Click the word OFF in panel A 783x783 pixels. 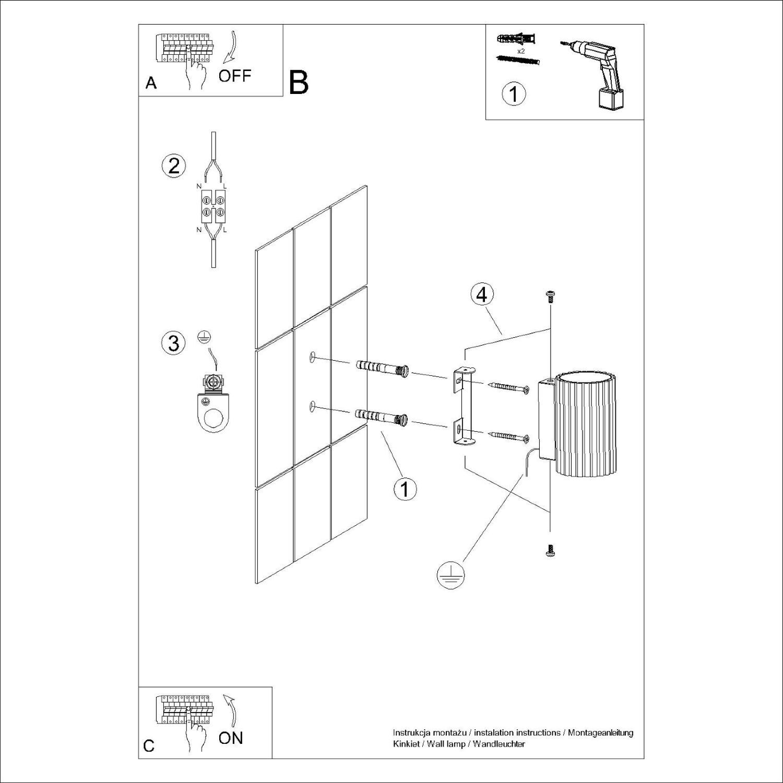pyautogui.click(x=234, y=76)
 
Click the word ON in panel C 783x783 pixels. pyautogui.click(x=231, y=738)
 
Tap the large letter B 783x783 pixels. pyautogui.click(x=299, y=82)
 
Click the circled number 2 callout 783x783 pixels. pyautogui.click(x=173, y=165)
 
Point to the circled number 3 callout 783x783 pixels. pyautogui.click(x=173, y=343)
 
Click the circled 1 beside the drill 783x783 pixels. pyautogui.click(x=514, y=94)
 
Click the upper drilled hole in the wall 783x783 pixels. pyautogui.click(x=312, y=357)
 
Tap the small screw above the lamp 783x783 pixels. pyautogui.click(x=550, y=296)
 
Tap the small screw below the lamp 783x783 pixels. pyautogui.click(x=550, y=550)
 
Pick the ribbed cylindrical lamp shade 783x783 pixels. pyautogui.click(x=585, y=423)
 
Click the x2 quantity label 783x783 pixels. pyautogui.click(x=520, y=52)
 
